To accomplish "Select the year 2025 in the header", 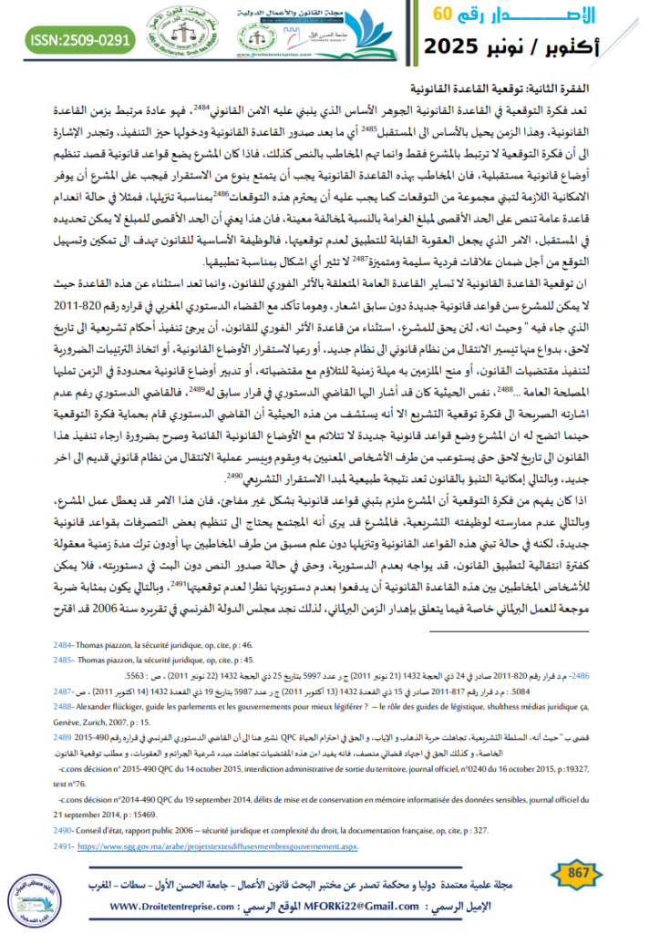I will pyautogui.click(x=453, y=46).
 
